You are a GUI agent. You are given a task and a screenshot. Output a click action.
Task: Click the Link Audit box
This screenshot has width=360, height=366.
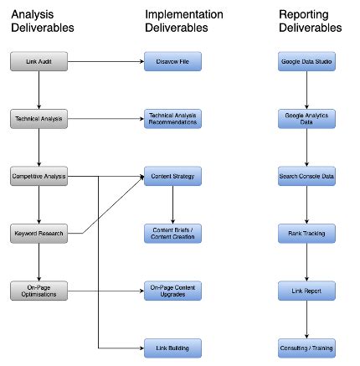39,62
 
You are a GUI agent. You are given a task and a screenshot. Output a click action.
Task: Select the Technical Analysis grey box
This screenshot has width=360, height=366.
39,119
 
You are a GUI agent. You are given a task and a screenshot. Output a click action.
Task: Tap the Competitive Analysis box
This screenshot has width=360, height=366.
39,176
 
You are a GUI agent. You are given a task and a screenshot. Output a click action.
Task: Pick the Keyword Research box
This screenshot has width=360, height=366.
39,233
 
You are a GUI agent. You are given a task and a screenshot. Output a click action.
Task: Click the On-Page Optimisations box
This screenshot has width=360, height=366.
39,290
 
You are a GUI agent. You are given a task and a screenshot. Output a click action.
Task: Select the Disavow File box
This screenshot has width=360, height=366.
172,62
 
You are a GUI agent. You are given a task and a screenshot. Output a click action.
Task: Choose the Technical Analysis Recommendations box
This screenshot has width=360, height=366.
172,119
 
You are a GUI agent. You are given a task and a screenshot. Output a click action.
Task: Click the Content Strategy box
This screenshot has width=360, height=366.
172,176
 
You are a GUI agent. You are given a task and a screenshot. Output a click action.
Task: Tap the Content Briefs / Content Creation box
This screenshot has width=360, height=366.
172,233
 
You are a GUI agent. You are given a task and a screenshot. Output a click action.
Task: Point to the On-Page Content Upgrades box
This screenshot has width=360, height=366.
172,290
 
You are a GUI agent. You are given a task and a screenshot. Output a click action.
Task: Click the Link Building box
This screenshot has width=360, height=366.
172,347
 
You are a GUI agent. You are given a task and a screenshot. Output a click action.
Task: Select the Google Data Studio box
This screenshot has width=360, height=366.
306,62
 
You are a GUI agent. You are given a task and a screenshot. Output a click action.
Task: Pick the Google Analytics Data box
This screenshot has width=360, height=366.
306,119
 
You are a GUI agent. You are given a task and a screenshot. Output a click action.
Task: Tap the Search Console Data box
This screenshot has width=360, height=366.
306,176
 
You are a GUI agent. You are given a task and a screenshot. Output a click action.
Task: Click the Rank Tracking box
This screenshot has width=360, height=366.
306,233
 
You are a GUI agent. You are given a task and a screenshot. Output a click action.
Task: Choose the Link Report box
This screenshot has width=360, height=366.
306,290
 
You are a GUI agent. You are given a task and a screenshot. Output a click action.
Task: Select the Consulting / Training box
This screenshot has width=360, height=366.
306,347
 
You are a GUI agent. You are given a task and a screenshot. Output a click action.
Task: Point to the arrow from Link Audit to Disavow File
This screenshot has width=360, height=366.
105,62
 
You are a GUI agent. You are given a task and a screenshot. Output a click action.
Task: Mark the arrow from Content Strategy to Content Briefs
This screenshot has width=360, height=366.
172,204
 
